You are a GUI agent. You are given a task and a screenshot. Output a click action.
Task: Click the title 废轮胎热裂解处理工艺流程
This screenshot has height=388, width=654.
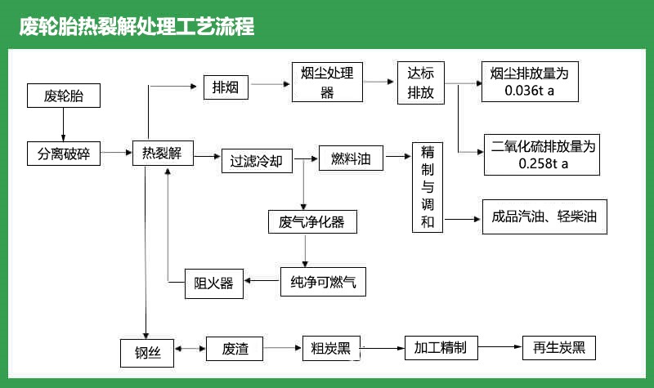click(x=137, y=27)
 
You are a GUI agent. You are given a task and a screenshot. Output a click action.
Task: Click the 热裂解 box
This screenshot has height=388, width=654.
click(x=162, y=153)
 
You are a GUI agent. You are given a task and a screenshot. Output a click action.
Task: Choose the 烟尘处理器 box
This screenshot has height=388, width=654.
click(x=327, y=82)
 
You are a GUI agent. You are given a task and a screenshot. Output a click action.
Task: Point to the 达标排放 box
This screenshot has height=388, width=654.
click(x=420, y=83)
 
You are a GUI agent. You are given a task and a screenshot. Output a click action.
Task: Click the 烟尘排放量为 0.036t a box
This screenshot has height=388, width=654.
click(x=530, y=82)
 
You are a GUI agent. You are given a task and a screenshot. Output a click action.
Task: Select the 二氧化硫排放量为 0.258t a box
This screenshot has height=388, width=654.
click(x=544, y=154)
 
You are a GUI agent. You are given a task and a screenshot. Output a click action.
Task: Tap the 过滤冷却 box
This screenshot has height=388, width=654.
click(x=256, y=160)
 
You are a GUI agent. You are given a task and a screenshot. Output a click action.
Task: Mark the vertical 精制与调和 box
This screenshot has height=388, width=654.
click(x=427, y=188)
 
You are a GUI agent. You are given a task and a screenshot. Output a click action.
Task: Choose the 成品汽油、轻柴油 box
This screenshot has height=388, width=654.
click(x=544, y=217)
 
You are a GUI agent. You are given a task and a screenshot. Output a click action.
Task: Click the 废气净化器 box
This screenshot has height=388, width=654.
click(x=311, y=222)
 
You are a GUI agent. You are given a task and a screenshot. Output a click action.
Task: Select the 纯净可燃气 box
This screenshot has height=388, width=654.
click(x=322, y=282)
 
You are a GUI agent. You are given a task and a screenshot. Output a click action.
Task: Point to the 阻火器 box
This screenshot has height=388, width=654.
click(x=213, y=283)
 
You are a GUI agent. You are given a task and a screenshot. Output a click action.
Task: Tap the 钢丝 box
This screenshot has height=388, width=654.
click(x=148, y=351)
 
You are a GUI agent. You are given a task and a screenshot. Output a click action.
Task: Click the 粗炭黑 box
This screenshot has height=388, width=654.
click(x=325, y=349)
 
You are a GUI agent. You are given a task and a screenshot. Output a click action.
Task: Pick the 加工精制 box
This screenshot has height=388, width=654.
click(x=440, y=348)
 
